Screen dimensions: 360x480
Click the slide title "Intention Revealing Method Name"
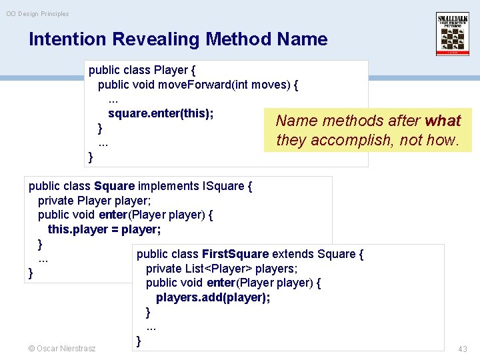tap(178, 39)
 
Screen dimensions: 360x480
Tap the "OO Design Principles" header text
tap(37, 13)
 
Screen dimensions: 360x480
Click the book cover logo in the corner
tap(453, 34)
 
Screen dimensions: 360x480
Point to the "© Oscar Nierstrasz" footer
tap(62, 348)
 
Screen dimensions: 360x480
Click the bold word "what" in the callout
tap(443, 121)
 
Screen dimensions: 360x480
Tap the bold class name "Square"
tap(115, 186)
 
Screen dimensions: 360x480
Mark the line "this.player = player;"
tap(104, 229)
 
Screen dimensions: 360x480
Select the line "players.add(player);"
tap(213, 297)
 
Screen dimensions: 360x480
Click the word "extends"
tap(293, 254)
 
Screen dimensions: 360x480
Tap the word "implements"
tap(169, 186)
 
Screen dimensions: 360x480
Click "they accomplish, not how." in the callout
tap(367, 140)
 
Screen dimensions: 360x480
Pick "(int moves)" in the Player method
tap(261, 85)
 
